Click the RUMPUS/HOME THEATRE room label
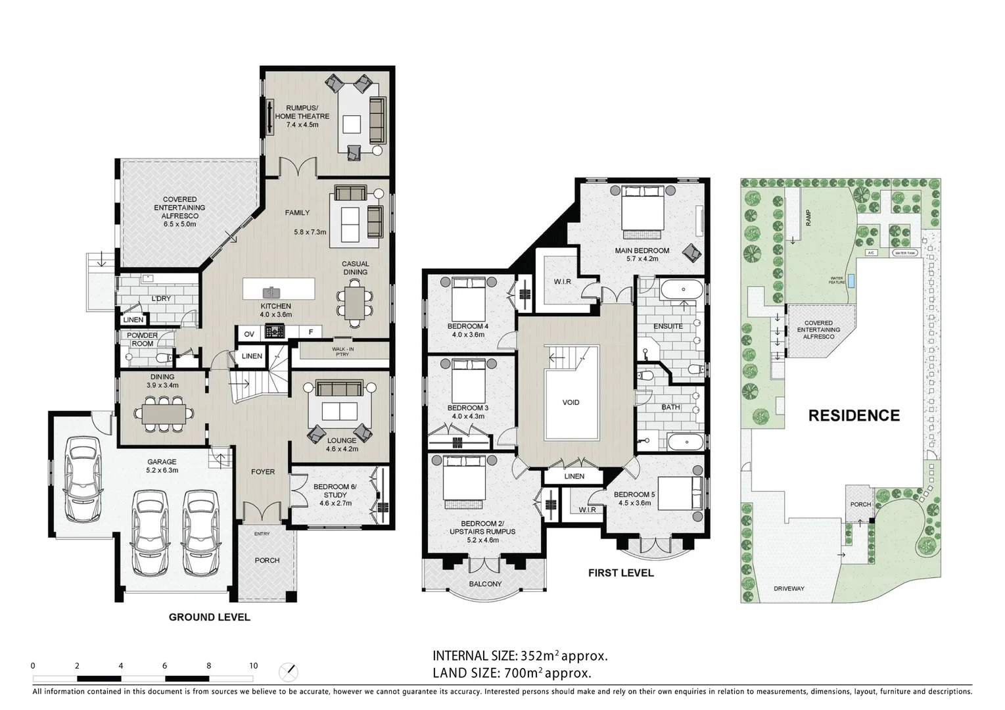pyautogui.click(x=302, y=116)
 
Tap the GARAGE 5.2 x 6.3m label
pyautogui.click(x=162, y=466)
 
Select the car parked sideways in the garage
pyautogui.click(x=83, y=477)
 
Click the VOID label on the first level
pyautogui.click(x=571, y=402)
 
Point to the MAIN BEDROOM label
pyautogui.click(x=642, y=254)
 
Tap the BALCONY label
pyautogui.click(x=485, y=584)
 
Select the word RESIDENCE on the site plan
pyautogui.click(x=853, y=415)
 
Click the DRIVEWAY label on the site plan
pyautogui.click(x=789, y=588)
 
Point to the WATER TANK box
pyautogui.click(x=905, y=252)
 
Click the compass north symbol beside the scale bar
pyautogui.click(x=288, y=672)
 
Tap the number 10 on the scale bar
pyautogui.click(x=253, y=665)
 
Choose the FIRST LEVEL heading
pyautogui.click(x=620, y=573)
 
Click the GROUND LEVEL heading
pyautogui.click(x=209, y=617)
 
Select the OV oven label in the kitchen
pyautogui.click(x=249, y=334)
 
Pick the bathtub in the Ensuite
pyautogui.click(x=681, y=289)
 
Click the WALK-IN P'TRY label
pyautogui.click(x=342, y=352)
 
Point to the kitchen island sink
pyautogui.click(x=270, y=291)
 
